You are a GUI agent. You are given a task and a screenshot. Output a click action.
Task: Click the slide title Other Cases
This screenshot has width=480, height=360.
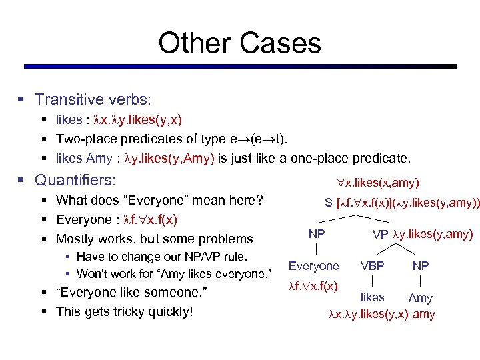click(x=239, y=43)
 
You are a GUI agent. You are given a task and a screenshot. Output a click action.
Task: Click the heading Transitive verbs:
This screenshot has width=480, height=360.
click(x=93, y=99)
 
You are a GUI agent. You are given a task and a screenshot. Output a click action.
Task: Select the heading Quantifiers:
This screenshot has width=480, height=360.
click(x=75, y=180)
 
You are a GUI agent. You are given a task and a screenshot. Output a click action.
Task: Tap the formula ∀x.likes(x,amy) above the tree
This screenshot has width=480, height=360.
click(x=379, y=182)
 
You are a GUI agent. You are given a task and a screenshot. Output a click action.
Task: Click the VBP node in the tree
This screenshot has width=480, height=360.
click(x=372, y=266)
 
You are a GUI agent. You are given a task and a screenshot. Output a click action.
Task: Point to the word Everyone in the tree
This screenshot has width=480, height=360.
click(x=313, y=266)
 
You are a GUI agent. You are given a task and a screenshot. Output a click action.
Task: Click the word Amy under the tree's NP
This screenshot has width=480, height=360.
click(x=420, y=298)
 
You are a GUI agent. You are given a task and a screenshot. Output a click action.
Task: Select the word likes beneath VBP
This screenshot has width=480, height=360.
click(x=372, y=297)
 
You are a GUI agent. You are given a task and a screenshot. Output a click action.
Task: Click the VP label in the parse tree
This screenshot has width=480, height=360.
click(x=380, y=234)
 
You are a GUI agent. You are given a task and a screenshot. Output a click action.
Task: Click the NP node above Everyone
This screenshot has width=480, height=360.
click(x=317, y=234)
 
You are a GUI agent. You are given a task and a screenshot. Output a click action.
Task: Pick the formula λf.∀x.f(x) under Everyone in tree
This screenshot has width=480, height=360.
click(x=313, y=286)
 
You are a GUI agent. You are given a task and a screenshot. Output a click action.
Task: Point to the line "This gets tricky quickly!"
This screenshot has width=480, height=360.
click(x=125, y=311)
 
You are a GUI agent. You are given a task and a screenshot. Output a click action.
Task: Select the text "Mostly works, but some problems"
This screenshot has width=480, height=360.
click(x=154, y=239)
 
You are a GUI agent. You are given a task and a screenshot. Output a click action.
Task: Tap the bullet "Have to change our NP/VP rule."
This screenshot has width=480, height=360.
click(x=162, y=257)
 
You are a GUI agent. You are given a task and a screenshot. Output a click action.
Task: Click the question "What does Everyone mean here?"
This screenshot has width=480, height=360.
click(x=159, y=200)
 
